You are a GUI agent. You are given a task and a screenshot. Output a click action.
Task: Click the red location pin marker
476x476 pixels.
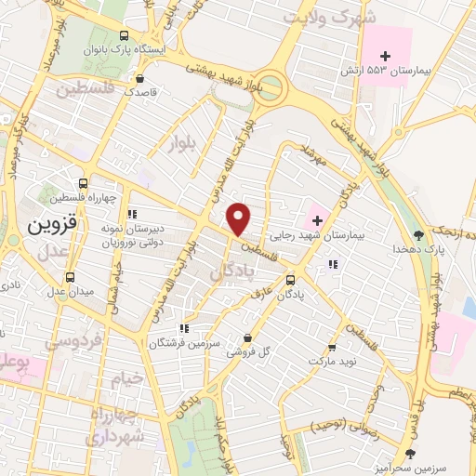[240, 218]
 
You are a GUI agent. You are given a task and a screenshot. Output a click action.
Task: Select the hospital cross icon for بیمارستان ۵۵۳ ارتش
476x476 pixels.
[385, 58]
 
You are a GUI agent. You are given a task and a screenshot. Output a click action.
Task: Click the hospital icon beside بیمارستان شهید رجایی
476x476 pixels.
[319, 221]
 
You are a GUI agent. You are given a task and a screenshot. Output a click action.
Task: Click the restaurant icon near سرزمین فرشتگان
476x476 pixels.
[184, 328]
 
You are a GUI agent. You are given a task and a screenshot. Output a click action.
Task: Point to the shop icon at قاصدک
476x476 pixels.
[139, 78]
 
